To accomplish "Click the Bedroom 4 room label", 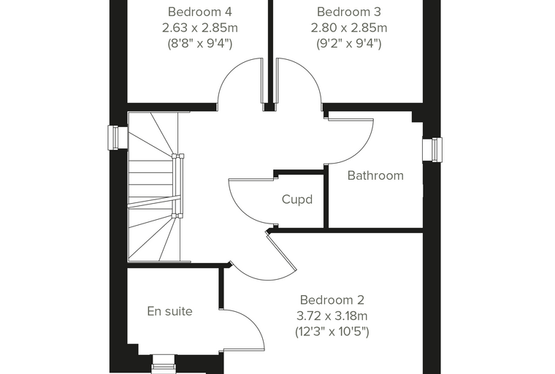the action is coord(199,12).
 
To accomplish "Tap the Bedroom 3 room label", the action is coord(348,12).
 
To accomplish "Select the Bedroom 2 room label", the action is coord(332,300).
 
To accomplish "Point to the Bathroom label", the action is coord(375,175).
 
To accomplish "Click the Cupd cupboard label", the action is coord(297,199).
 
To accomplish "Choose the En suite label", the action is coord(169,311).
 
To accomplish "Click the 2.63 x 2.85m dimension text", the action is coord(199,28).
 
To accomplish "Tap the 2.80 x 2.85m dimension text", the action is coord(348,28).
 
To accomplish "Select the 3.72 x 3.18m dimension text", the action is coord(332,316).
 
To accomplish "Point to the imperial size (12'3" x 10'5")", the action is coord(332,332).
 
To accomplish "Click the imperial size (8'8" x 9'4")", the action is coord(199,44).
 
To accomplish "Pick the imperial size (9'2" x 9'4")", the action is coord(348,44).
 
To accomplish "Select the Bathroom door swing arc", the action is coord(361,152).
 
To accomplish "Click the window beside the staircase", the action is coord(118,138).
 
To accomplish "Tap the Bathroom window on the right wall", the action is coord(432,150).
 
